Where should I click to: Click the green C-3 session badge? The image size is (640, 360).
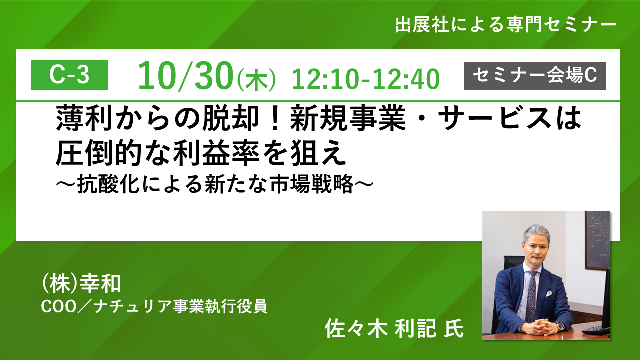point(70,75)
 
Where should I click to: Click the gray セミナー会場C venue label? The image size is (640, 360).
point(535,76)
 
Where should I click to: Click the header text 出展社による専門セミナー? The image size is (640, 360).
point(505,25)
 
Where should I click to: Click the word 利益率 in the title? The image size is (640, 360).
point(216,153)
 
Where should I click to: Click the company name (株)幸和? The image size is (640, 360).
point(81,284)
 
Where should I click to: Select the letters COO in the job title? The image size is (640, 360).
point(59,307)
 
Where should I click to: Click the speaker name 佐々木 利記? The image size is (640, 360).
point(381,328)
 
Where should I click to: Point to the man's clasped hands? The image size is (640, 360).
point(538,326)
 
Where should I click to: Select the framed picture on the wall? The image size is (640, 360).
point(597,240)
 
